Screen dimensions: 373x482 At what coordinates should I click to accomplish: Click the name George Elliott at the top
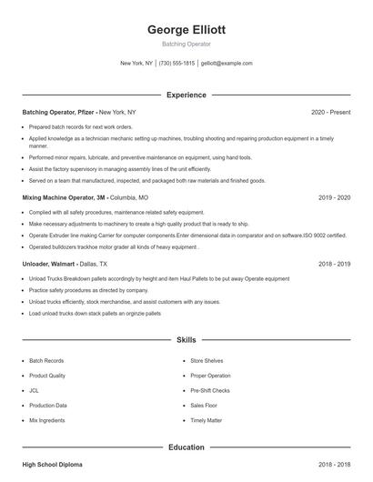(186, 29)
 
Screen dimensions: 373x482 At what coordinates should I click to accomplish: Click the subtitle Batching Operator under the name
(186, 44)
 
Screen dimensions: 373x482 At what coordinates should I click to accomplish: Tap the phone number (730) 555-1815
(176, 64)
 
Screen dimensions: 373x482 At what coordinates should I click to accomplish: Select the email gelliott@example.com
(227, 64)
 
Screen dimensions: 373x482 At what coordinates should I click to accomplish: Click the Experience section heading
(186, 95)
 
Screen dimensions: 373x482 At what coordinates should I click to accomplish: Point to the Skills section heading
(186, 339)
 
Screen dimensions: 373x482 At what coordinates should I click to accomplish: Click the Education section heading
(186, 447)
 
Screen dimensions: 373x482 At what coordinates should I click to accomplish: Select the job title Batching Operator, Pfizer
(58, 112)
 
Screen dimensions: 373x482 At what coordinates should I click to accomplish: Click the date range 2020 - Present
(330, 112)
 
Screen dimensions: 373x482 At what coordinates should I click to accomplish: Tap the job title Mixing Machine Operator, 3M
(64, 196)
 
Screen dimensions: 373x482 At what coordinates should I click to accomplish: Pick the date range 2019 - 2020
(334, 196)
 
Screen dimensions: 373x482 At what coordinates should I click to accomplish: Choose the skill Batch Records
(46, 360)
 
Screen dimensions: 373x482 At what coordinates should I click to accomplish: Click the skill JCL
(34, 390)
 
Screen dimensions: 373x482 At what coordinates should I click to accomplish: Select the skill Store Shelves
(207, 360)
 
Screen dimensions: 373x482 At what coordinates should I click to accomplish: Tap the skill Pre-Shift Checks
(210, 390)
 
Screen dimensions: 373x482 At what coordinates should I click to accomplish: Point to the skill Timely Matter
(207, 421)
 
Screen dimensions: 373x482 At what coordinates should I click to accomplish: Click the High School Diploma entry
(52, 465)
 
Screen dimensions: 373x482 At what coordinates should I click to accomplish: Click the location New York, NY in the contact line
(136, 64)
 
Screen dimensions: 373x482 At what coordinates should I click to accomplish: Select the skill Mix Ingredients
(46, 421)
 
